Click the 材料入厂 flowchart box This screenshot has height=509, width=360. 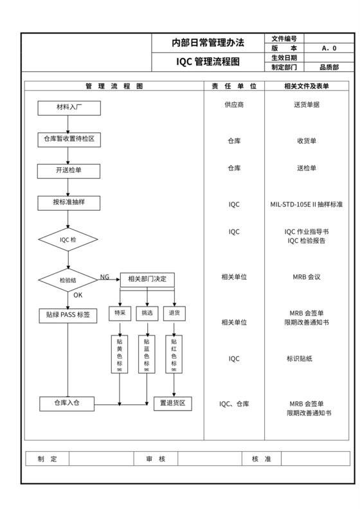(x=68, y=108)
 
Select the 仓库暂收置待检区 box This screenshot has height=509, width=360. (x=68, y=139)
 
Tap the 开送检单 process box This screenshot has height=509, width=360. (x=68, y=170)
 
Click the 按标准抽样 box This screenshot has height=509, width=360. (x=68, y=202)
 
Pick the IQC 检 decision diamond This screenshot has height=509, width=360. (x=68, y=240)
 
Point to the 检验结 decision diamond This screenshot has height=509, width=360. (x=68, y=280)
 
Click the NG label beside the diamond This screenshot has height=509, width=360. (x=104, y=277)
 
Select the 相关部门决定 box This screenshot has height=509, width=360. (x=147, y=279)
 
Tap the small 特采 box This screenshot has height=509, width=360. (x=120, y=313)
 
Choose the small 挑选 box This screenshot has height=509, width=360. (x=147, y=313)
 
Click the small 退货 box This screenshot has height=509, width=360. (x=174, y=313)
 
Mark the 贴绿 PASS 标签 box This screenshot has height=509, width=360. (x=68, y=315)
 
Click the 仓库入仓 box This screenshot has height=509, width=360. (x=68, y=403)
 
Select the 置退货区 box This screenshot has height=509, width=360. (x=173, y=403)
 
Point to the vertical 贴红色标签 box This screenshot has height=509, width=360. (x=174, y=354)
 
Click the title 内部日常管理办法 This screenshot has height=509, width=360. (x=207, y=43)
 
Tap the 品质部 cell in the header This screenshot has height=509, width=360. (x=329, y=66)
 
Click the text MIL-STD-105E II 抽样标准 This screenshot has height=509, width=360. (x=306, y=204)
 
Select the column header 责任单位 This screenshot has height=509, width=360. (x=234, y=86)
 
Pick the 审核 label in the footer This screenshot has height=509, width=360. (x=156, y=459)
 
